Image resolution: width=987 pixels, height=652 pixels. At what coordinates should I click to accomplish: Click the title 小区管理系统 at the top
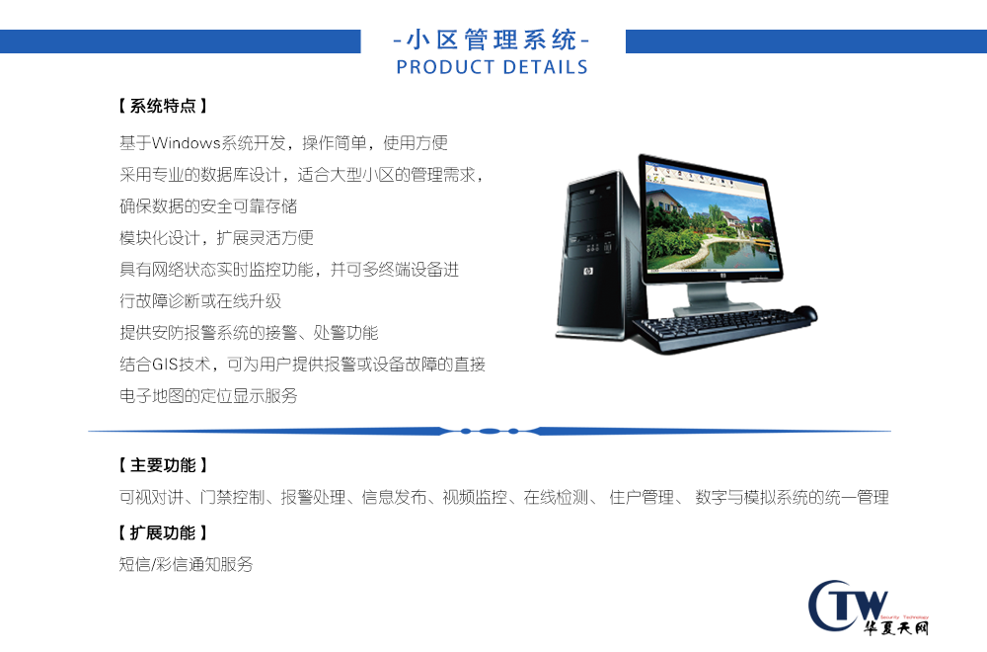click(x=492, y=41)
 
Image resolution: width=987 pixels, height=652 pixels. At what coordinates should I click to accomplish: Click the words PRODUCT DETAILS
click(x=492, y=67)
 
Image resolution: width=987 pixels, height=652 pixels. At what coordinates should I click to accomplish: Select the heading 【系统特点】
click(x=163, y=106)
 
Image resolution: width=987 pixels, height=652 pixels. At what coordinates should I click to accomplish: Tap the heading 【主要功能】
click(x=163, y=465)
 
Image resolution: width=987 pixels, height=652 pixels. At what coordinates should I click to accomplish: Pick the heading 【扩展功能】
click(x=163, y=532)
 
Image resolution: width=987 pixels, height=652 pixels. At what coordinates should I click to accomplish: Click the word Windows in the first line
click(x=187, y=143)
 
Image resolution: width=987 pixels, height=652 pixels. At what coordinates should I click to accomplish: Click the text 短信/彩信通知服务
click(x=187, y=564)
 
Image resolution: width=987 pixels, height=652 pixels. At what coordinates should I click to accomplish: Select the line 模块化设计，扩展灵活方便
click(x=216, y=237)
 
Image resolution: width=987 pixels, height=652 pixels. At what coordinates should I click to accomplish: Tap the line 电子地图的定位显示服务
click(x=208, y=395)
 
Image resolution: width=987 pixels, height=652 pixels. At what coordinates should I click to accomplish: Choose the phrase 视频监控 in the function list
click(x=475, y=497)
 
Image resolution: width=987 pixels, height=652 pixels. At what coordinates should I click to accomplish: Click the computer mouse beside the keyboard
click(x=804, y=313)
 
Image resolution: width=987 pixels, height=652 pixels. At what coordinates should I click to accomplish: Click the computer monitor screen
click(x=710, y=219)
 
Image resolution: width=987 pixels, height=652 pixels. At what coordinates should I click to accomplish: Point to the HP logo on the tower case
click(x=587, y=272)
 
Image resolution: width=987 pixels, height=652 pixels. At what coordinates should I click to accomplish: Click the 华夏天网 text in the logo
click(x=896, y=627)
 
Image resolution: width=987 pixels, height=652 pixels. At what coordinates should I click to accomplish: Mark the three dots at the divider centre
click(x=490, y=432)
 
